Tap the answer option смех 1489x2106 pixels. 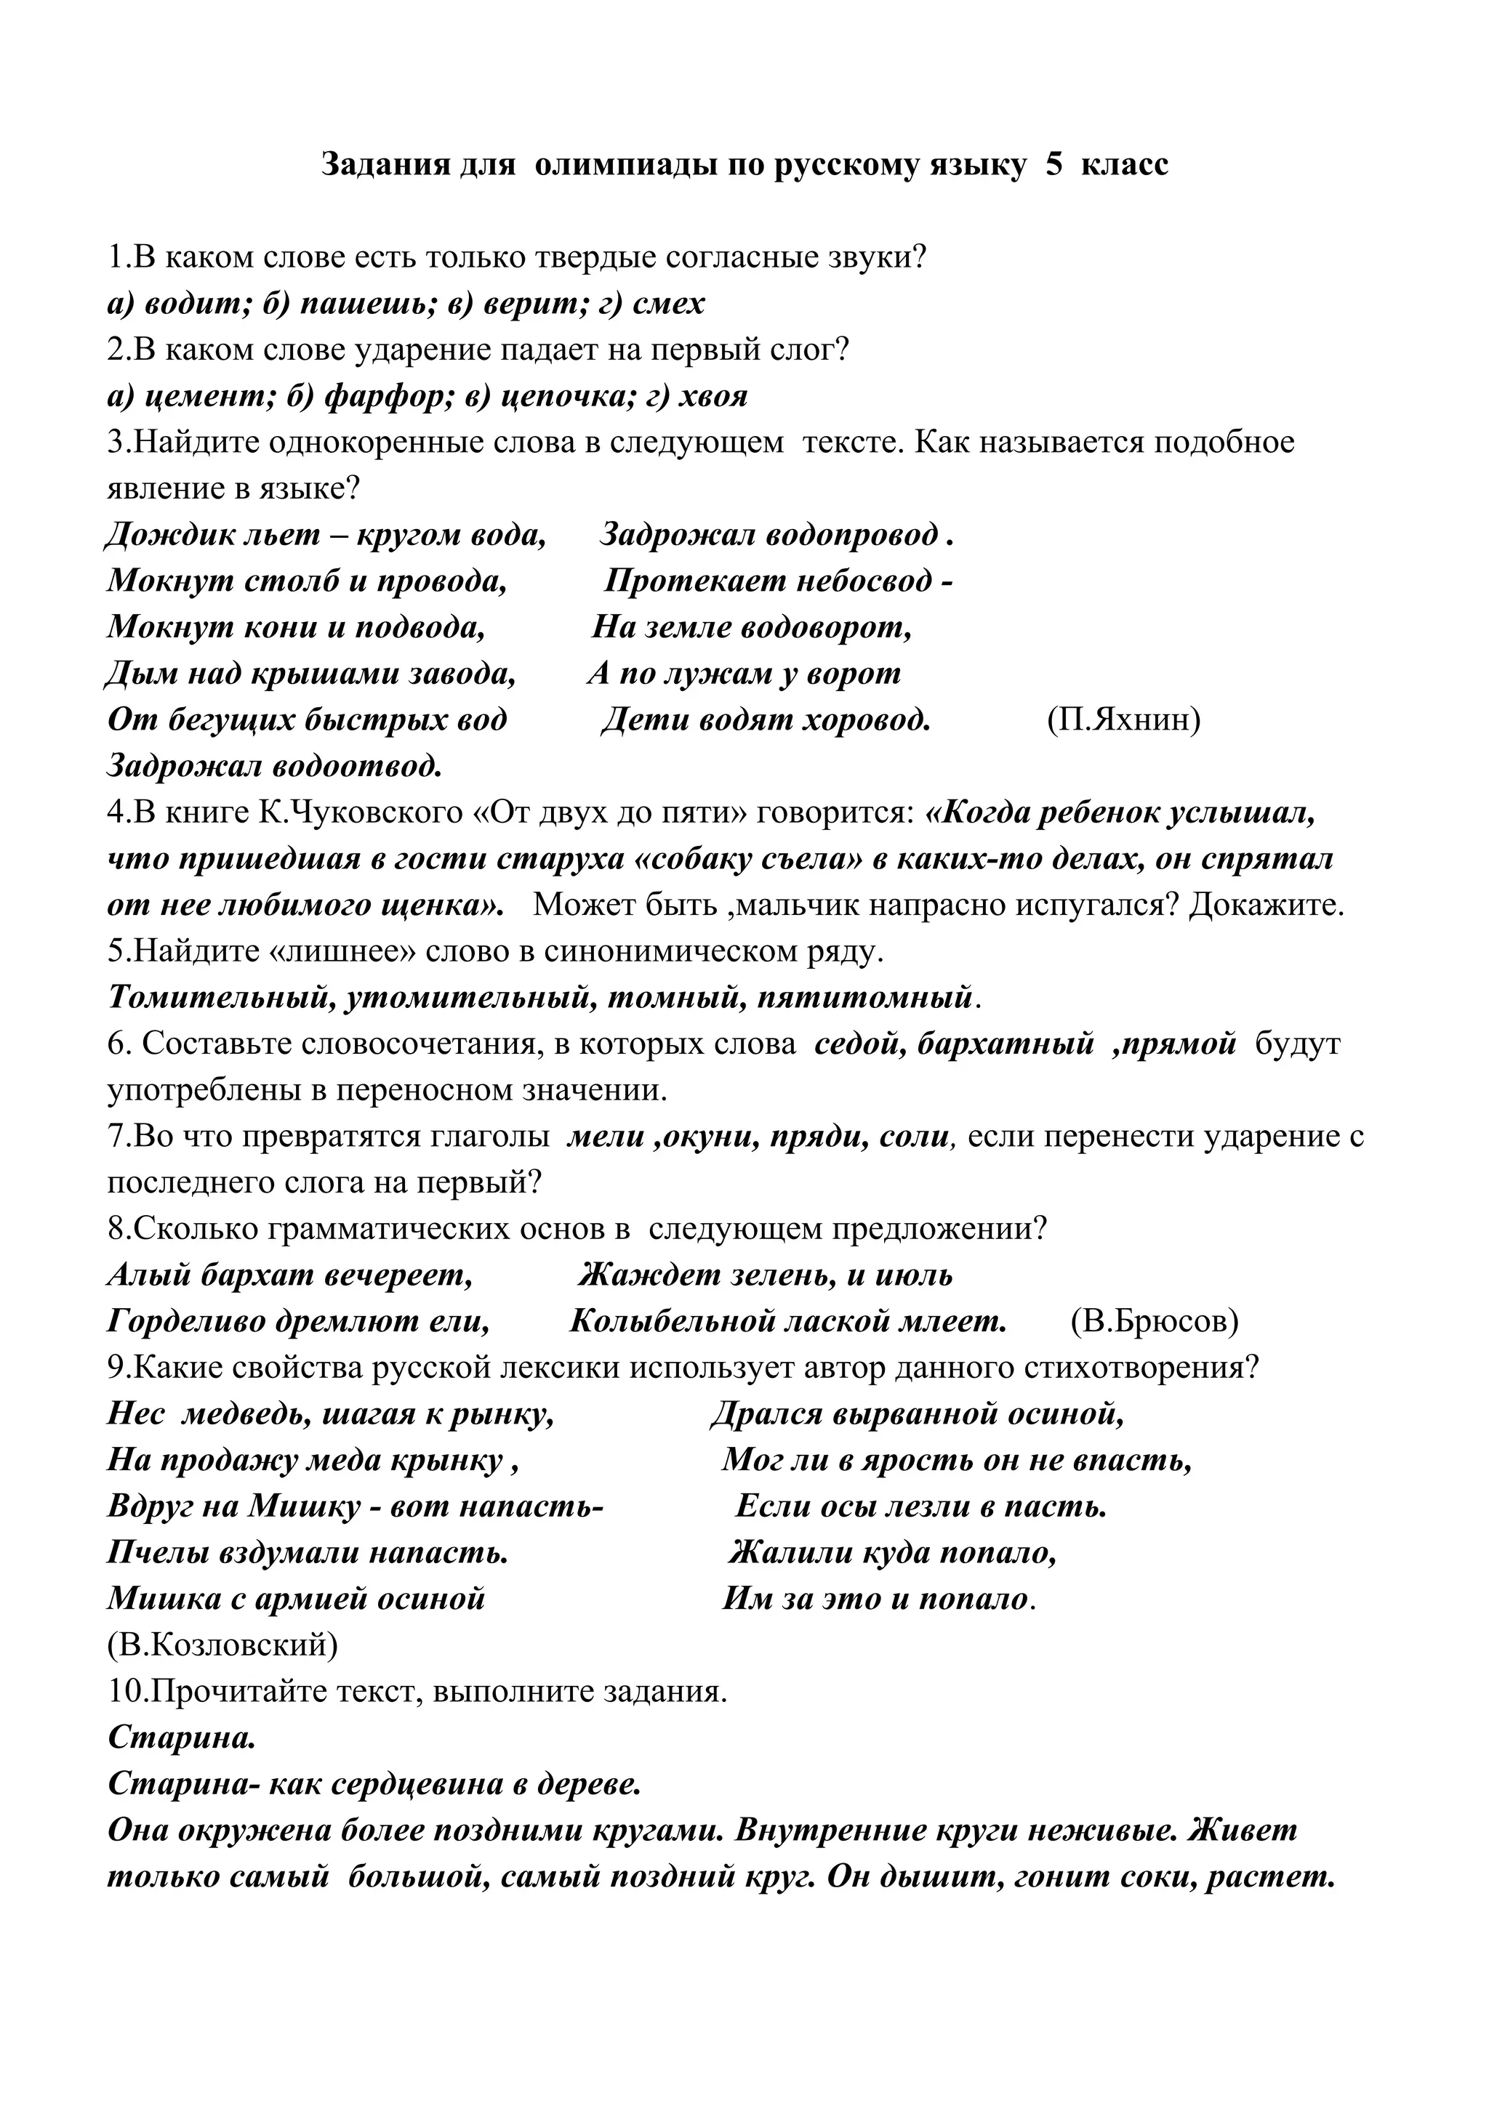(x=669, y=304)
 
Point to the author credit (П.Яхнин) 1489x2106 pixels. (x=1123, y=720)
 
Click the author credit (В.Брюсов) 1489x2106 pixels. (x=1154, y=1322)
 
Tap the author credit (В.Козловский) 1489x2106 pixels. (x=222, y=1645)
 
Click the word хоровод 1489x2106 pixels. (x=866, y=720)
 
